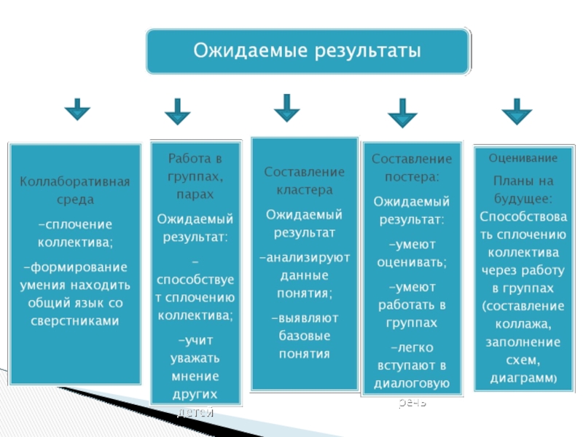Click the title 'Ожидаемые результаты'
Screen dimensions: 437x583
pyautogui.click(x=307, y=52)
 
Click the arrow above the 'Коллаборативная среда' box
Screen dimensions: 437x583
pyautogui.click(x=77, y=111)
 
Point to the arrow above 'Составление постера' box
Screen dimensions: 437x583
pyautogui.click(x=402, y=114)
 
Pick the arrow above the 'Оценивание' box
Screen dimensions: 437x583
pyautogui.click(x=517, y=111)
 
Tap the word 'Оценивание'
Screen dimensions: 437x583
pyautogui.click(x=523, y=158)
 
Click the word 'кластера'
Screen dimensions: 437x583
pyautogui.click(x=305, y=189)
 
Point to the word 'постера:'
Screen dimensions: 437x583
pyautogui.click(x=412, y=176)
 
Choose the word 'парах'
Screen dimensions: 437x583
pyautogui.click(x=195, y=194)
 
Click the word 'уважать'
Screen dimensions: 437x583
pyautogui.click(x=195, y=358)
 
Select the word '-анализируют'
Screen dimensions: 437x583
pyautogui.click(x=305, y=258)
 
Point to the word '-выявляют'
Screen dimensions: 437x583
pyautogui.click(x=305, y=319)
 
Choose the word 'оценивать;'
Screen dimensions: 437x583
pyautogui.click(x=412, y=262)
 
